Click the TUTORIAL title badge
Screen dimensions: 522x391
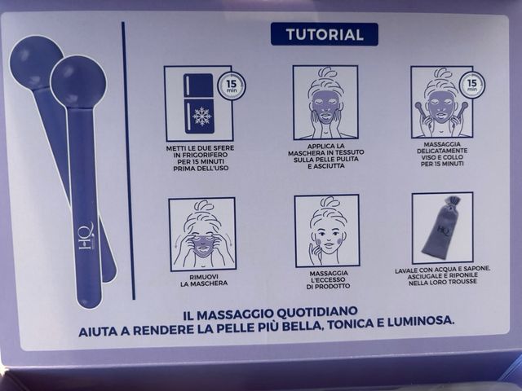click(325, 34)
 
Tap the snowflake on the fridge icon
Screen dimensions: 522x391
click(201, 116)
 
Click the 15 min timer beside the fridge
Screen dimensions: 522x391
click(232, 86)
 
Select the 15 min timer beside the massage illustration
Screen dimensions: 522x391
click(471, 84)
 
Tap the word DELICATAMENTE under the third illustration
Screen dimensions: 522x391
click(442, 151)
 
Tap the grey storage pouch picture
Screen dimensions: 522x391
click(442, 228)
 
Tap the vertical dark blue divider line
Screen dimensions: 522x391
click(129, 161)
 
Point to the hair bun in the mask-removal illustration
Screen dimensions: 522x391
click(203, 206)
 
